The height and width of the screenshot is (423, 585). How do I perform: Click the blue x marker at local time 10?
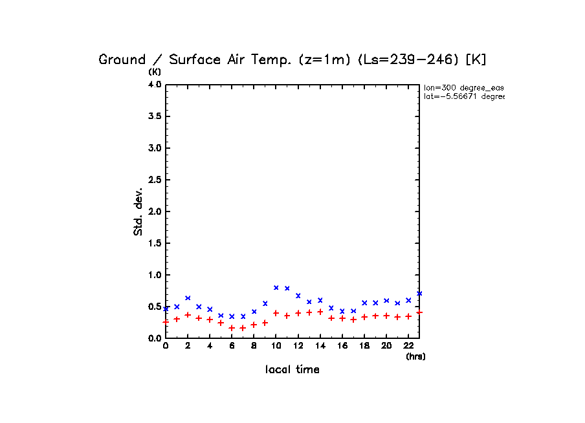(276, 287)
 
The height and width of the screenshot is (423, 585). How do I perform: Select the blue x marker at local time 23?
(419, 293)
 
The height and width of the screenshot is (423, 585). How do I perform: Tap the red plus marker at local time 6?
(232, 328)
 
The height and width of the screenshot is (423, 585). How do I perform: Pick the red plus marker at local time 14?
(320, 312)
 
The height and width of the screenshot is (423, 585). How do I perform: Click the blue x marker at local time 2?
(188, 298)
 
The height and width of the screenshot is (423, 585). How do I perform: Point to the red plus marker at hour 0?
(166, 321)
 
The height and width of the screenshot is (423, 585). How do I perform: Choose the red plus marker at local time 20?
(386, 316)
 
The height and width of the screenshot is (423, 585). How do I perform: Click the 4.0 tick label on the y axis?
(154, 85)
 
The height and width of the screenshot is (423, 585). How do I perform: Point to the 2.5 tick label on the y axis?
(154, 180)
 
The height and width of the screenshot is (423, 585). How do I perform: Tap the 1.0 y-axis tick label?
(154, 275)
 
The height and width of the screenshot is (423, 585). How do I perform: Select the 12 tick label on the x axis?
(298, 346)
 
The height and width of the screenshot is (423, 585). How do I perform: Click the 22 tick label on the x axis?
(408, 346)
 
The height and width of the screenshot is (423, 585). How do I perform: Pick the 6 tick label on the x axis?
(232, 346)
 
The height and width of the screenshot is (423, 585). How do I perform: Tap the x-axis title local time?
(292, 370)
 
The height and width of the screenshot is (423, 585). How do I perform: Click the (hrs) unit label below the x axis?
(415, 356)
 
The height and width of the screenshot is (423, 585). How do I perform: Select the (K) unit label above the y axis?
(155, 71)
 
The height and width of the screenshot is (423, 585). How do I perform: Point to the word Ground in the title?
(122, 60)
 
